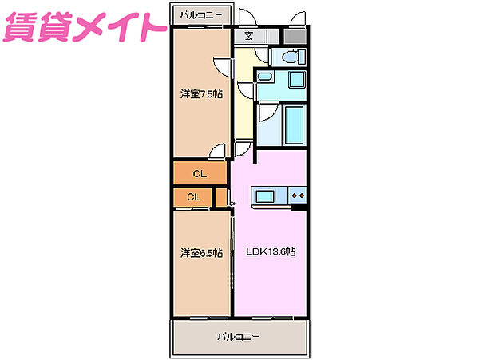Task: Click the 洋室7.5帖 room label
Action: [200, 93]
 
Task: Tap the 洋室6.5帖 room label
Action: [200, 253]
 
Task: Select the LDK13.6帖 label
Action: [270, 252]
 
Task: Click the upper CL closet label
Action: [199, 172]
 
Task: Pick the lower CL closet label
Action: [193, 197]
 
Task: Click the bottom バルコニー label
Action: [238, 337]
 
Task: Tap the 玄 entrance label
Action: [249, 35]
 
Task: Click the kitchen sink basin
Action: [265, 196]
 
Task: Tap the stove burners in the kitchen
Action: [299, 196]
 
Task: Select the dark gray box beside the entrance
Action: [295, 36]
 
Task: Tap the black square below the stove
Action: [299, 208]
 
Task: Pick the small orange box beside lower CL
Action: [220, 196]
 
